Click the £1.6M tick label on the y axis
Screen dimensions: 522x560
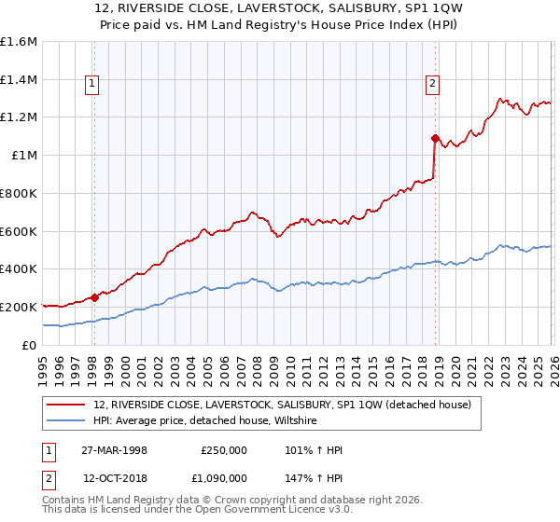pos(19,42)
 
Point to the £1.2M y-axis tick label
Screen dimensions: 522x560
pos(19,117)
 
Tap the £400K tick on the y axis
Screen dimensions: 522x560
pos(19,268)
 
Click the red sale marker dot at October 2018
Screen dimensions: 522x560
pos(435,138)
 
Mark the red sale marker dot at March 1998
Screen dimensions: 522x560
pos(94,297)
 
